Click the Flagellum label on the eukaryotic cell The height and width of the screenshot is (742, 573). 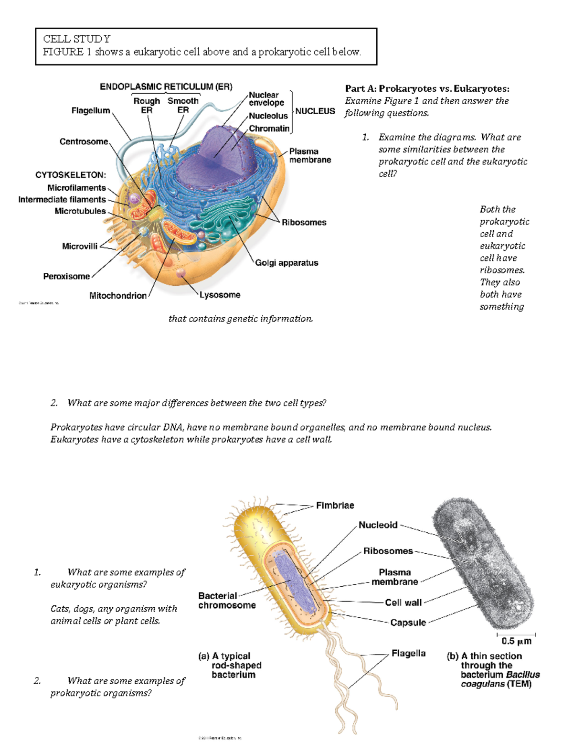91,110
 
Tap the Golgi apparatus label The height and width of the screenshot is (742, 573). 286,263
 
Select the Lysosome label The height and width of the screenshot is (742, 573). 220,295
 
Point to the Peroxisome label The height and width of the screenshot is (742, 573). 66,276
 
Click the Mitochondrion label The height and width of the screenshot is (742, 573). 118,296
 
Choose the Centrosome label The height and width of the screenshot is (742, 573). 84,141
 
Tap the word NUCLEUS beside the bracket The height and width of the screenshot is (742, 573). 315,111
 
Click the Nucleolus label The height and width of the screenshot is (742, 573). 268,116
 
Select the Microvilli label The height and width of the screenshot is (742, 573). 80,246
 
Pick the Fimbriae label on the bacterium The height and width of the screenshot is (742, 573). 335,505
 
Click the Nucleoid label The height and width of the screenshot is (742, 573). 378,525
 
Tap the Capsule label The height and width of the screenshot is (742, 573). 408,623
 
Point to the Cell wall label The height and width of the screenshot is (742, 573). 403,602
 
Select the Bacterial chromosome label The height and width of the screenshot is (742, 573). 227,601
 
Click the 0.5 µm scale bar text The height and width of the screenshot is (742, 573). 516,641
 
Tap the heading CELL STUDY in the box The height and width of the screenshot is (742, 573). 77,39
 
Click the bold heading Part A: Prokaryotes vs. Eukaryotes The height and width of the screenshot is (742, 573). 427,88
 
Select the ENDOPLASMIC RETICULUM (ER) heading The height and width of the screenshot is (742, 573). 166,86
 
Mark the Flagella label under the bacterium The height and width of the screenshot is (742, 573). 408,653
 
